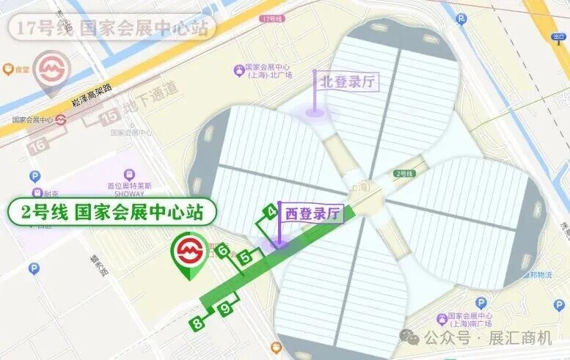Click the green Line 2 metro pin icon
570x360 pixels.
click(189, 254)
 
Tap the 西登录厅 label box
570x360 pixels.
click(313, 214)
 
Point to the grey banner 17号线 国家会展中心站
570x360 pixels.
click(110, 30)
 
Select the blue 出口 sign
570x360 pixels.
click(560, 36)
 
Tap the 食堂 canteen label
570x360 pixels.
click(21, 70)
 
